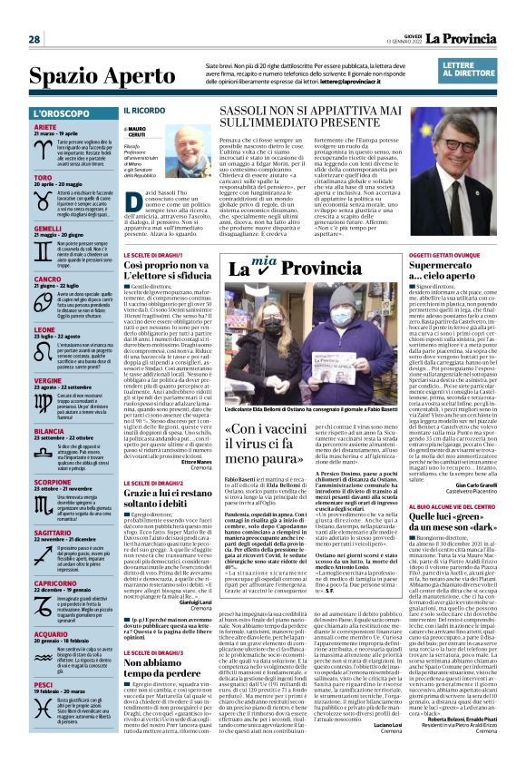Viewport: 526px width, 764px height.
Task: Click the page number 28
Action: (x=34, y=39)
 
